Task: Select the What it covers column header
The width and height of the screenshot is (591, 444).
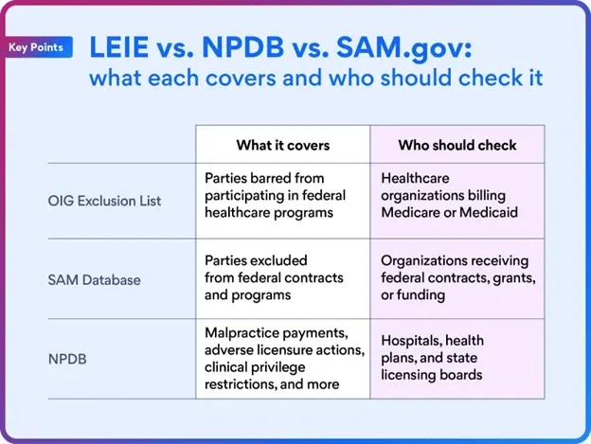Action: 282,145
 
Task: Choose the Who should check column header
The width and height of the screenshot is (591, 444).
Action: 457,145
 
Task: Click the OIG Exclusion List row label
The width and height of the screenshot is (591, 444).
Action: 105,200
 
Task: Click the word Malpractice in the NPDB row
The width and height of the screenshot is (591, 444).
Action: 242,333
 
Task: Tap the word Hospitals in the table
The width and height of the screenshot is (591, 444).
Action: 410,341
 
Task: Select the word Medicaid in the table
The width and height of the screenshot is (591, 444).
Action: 487,212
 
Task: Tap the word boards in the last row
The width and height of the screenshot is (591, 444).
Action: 461,375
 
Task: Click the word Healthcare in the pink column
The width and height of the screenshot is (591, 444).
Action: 416,177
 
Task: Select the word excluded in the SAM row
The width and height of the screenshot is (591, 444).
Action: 281,259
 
